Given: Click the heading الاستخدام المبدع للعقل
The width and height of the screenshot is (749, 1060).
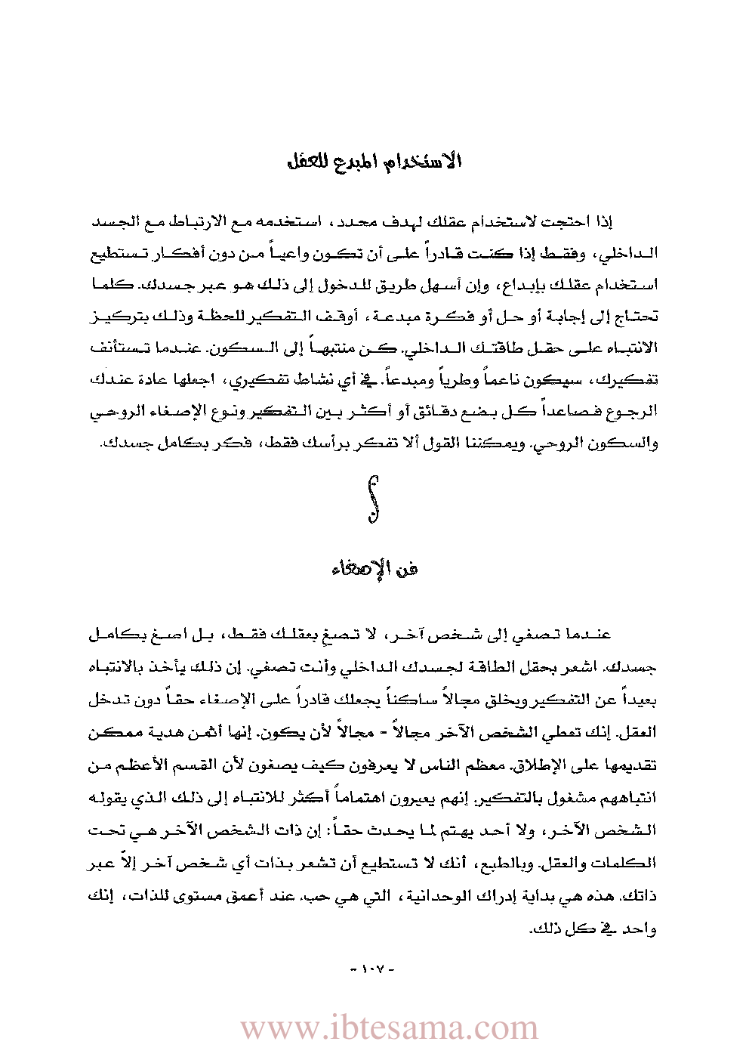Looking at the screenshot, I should (x=374, y=161).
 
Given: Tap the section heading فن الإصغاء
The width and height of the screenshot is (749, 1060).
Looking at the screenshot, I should (x=374, y=568).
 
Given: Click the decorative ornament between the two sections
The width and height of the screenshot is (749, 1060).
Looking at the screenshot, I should (x=373, y=499).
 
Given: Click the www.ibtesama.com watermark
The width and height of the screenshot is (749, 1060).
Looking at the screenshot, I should (x=389, y=1028).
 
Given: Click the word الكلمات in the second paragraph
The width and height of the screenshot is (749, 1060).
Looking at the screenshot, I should (x=629, y=863).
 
